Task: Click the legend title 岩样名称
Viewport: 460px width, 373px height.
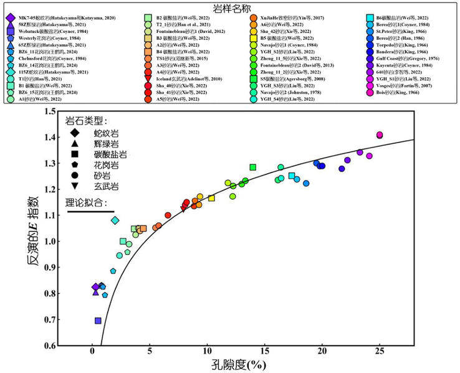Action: coord(229,7)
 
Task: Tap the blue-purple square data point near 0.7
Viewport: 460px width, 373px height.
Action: coord(98,321)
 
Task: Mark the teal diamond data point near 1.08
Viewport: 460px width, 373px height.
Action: coord(115,220)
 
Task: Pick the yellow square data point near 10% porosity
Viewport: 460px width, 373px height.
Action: coord(211,198)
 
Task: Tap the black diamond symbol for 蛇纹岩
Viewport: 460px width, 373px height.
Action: coord(75,133)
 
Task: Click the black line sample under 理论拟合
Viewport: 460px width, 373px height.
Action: coord(90,211)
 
